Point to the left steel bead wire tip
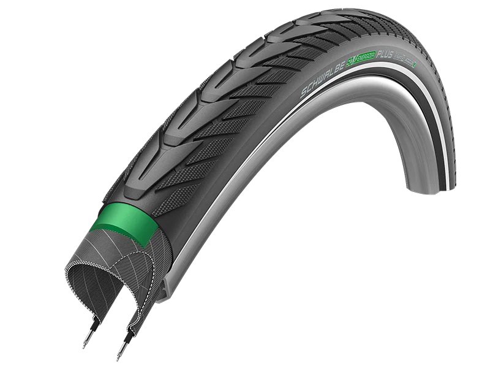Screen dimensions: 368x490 coord(88,335)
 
